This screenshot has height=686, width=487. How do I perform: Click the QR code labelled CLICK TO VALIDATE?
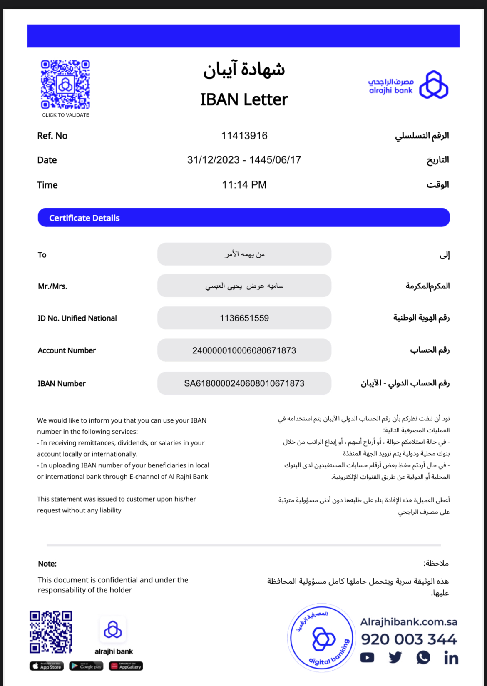click(65, 85)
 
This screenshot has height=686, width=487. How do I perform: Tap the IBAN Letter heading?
click(244, 99)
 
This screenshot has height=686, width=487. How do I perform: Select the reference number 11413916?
click(244, 136)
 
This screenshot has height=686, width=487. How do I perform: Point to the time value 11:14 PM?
click(244, 185)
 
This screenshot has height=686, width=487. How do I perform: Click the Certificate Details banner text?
click(84, 218)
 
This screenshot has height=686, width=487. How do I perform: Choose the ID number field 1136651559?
click(244, 318)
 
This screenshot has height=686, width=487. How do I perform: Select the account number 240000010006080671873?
click(244, 350)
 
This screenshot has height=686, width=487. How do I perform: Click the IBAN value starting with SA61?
click(244, 383)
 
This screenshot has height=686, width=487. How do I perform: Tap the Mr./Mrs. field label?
click(52, 286)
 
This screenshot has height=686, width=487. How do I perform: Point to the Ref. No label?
click(52, 136)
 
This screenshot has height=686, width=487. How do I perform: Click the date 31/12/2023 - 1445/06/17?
click(244, 160)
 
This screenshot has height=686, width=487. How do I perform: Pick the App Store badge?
click(47, 666)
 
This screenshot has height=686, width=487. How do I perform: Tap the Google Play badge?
click(86, 666)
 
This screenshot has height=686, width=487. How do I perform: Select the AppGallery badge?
click(126, 666)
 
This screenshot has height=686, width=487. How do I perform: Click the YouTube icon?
click(367, 658)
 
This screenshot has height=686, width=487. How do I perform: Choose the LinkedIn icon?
click(451, 658)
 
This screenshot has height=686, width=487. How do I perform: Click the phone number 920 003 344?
click(409, 639)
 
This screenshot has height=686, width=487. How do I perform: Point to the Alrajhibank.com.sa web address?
click(409, 622)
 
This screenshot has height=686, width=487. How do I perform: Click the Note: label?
click(47, 564)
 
